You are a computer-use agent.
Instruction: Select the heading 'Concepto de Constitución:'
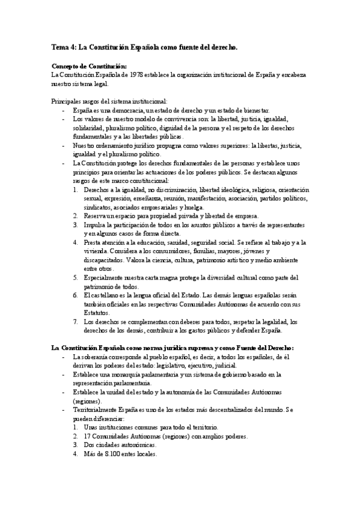pyautogui.click(x=90, y=66)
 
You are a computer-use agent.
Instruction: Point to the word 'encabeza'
pyautogui.click(x=292, y=75)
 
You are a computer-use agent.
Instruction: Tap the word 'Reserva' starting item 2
pyautogui.click(x=96, y=215)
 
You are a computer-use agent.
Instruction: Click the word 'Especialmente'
pyautogui.click(x=107, y=278)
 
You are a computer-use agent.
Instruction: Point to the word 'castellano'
pyautogui.click(x=106, y=295)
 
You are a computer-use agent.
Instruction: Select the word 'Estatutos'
pyautogui.click(x=97, y=313)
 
